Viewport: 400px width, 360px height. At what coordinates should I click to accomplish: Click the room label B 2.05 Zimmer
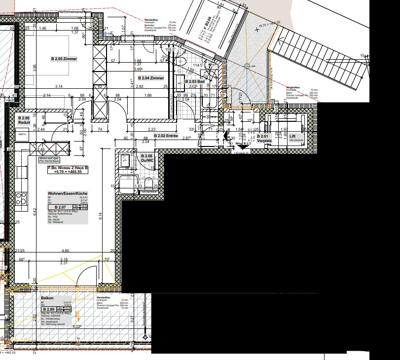coord(64,59)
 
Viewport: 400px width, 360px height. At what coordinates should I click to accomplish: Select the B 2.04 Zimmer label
coord(151,78)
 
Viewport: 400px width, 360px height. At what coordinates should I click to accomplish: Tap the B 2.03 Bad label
coord(194,81)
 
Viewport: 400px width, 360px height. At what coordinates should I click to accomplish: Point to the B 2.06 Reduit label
coord(24,120)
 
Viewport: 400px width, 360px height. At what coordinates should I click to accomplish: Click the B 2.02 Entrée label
coord(166,135)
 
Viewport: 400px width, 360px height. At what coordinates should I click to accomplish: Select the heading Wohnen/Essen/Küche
coord(68,193)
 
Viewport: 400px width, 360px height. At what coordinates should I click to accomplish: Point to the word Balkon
coord(47,298)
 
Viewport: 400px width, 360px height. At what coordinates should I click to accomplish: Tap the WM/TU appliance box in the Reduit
coord(22,134)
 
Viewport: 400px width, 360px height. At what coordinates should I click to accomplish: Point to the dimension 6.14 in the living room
coord(100,215)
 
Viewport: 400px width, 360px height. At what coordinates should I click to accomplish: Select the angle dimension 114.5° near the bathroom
coord(198,66)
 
